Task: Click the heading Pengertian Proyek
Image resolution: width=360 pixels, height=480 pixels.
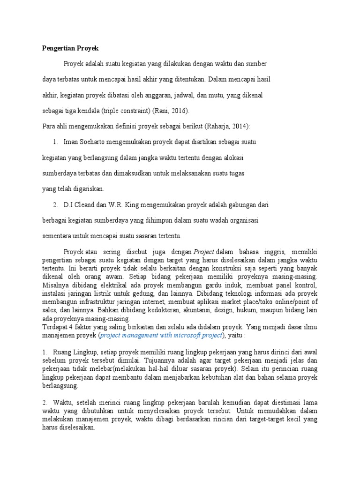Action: (x=68, y=48)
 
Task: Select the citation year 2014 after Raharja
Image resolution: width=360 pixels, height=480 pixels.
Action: (x=241, y=126)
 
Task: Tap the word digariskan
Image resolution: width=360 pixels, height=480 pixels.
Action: (x=87, y=189)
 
